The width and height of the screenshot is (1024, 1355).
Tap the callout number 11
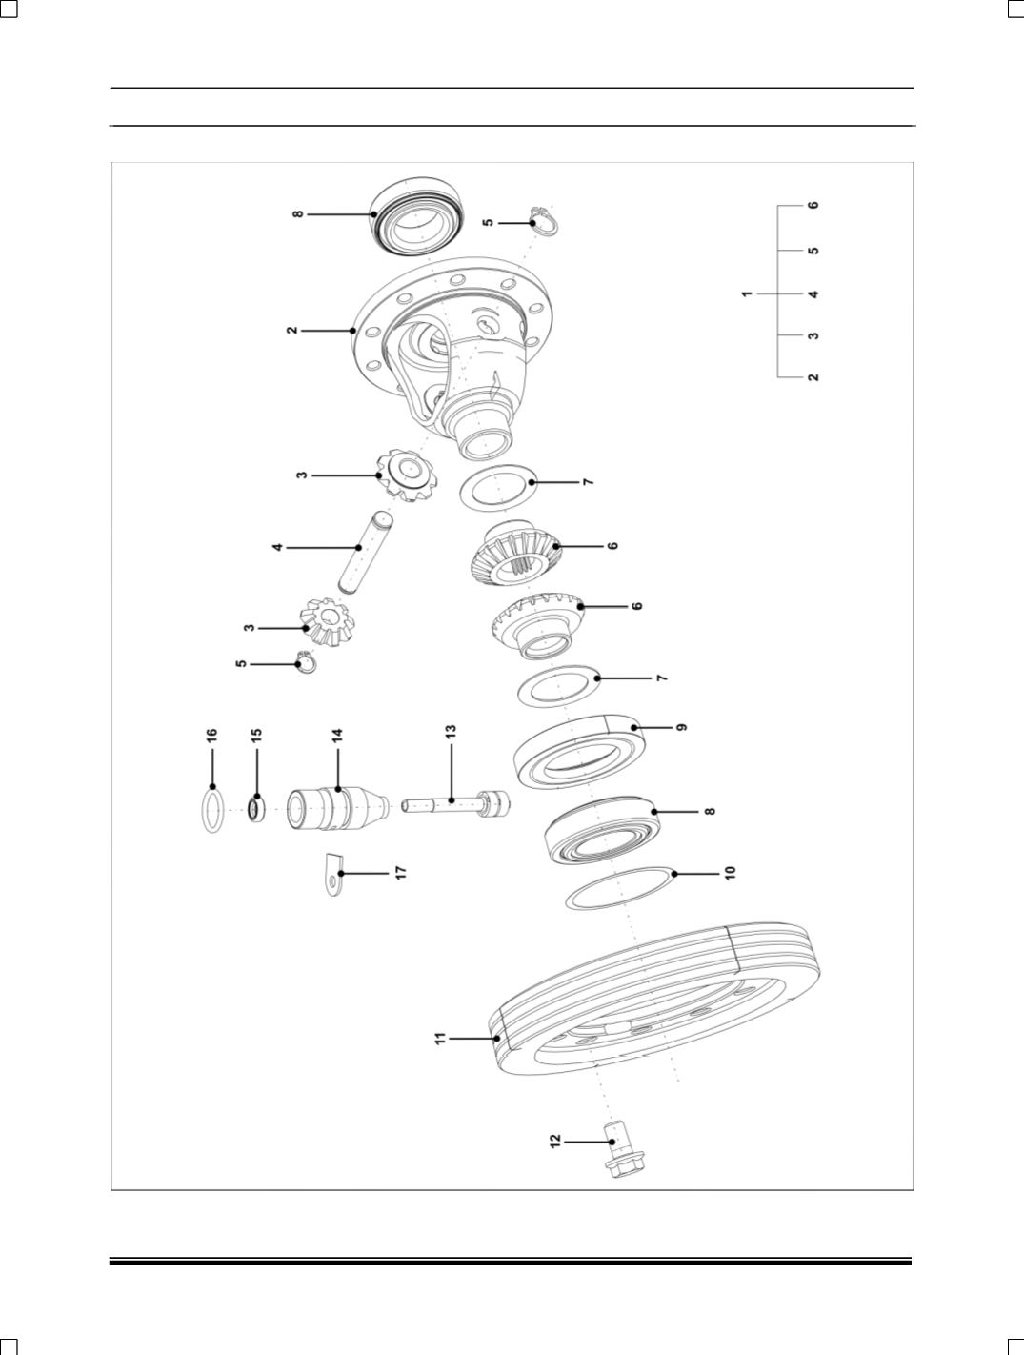click(440, 1039)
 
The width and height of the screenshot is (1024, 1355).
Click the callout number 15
click(256, 734)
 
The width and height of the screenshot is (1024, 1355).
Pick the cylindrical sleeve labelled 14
click(336, 809)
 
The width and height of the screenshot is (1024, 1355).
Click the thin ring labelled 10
click(617, 887)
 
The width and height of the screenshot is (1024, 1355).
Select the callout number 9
click(682, 727)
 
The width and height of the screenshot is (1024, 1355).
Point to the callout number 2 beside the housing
click(291, 331)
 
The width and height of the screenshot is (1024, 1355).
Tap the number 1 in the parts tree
click(747, 294)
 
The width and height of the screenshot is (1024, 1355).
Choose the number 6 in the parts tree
click(813, 205)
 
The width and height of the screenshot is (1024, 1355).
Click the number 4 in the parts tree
click(813, 294)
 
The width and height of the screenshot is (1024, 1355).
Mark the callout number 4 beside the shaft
click(277, 547)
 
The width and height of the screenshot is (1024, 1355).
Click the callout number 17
click(400, 872)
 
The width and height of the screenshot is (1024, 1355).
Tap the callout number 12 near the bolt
click(555, 1141)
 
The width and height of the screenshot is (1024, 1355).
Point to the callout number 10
click(730, 873)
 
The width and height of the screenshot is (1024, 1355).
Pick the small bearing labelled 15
click(256, 809)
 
